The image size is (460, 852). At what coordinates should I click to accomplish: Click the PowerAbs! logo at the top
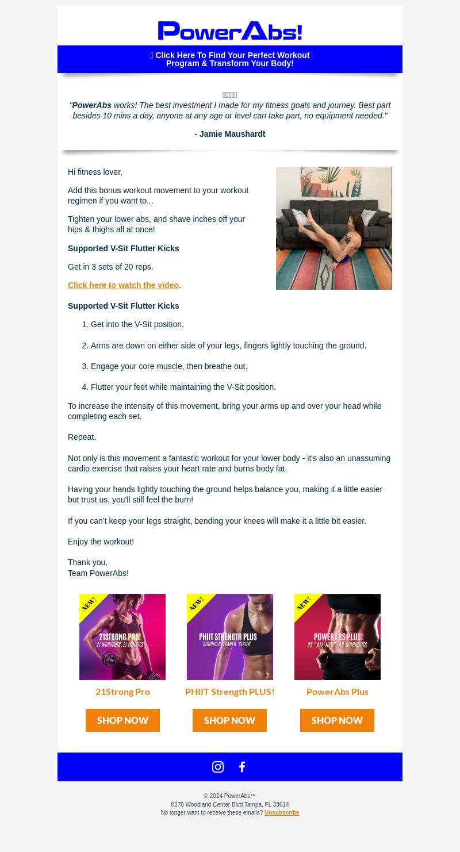coord(230,31)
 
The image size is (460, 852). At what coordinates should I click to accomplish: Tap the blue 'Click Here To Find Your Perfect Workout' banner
coord(230,59)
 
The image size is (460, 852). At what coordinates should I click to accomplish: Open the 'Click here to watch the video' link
coord(123,285)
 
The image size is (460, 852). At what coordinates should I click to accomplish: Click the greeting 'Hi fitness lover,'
coord(95,172)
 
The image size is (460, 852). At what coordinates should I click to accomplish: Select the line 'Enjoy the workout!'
coord(101,542)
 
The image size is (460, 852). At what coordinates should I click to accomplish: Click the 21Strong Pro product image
coord(122,637)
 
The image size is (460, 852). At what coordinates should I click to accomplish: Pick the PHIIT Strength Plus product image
coord(230,637)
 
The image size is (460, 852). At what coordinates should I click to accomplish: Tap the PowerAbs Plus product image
coord(338,637)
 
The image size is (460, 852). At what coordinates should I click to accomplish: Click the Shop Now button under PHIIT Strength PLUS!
coord(229,720)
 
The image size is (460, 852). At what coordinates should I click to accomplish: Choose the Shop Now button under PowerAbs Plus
coord(337,720)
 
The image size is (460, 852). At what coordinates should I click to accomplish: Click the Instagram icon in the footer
coord(217,767)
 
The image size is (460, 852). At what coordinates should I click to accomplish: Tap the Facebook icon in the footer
coord(242,767)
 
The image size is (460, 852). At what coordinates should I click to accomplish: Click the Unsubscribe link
coord(282,812)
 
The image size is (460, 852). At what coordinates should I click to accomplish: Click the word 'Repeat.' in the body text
coord(82,437)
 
